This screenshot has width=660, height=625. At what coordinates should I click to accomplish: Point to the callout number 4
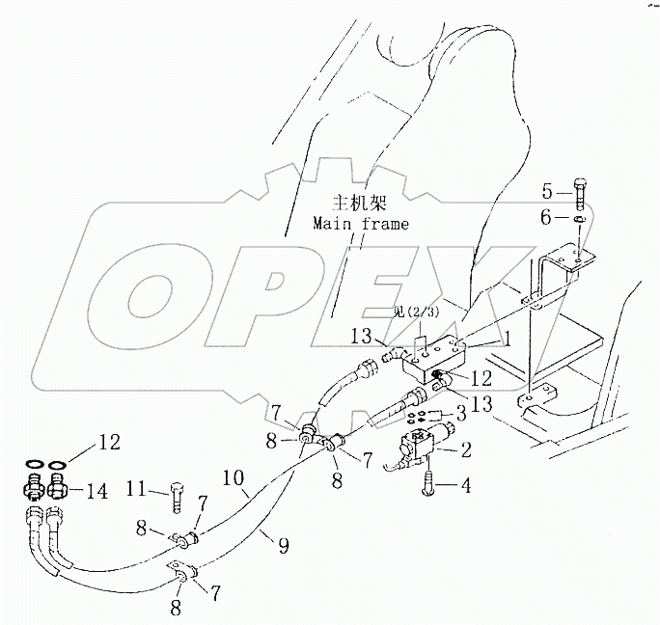(465, 486)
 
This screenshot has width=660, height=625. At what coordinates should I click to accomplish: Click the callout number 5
(545, 189)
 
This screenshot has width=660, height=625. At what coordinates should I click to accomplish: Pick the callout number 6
(545, 219)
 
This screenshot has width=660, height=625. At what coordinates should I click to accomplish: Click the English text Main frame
(359, 224)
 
